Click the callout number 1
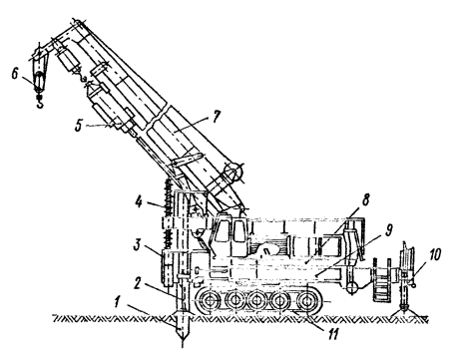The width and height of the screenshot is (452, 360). tap(116, 303)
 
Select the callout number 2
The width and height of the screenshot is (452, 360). tap(139, 283)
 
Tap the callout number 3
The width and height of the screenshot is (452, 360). tap(138, 245)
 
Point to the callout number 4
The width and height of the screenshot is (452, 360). tap(139, 202)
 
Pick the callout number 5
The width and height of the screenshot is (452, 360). tap(79, 126)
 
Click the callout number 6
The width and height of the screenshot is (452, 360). tap(15, 74)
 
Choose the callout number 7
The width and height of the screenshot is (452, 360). tap(217, 117)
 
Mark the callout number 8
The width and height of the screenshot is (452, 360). tap(366, 200)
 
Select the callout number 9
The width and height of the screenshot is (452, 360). tap(388, 229)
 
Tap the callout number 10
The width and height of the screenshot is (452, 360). tap(434, 254)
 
